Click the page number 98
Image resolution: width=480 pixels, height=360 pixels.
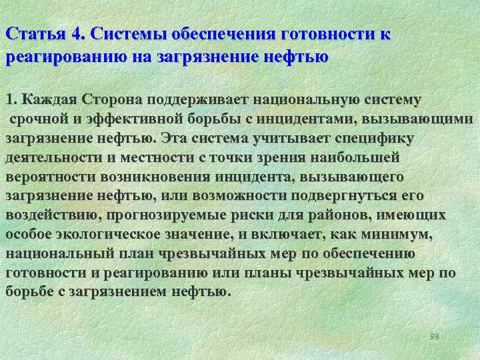[435, 336]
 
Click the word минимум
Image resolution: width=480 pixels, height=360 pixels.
[401, 235]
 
